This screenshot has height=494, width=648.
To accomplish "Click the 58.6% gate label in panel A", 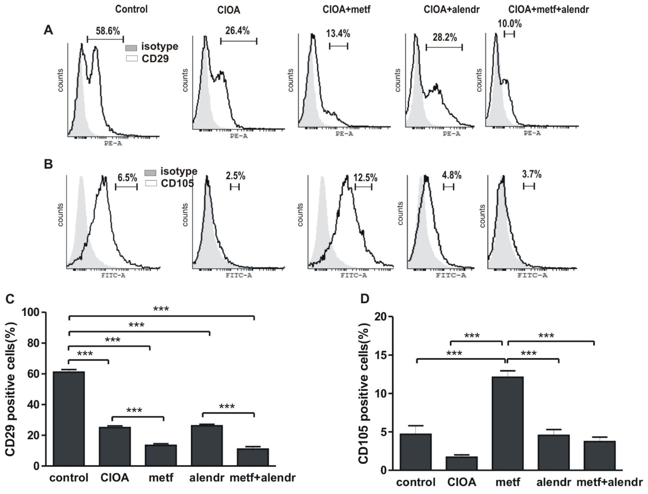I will pos(108,31).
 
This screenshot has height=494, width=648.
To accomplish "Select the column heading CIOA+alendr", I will pos(452,10).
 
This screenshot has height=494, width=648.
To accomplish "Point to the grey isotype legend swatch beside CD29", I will pos(131,47).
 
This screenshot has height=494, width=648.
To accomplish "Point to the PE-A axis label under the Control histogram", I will pos(113,144).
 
